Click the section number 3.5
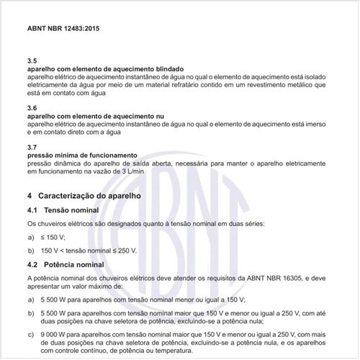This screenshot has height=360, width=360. [x=32, y=61]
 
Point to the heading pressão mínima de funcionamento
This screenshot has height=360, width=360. [x=81, y=156]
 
